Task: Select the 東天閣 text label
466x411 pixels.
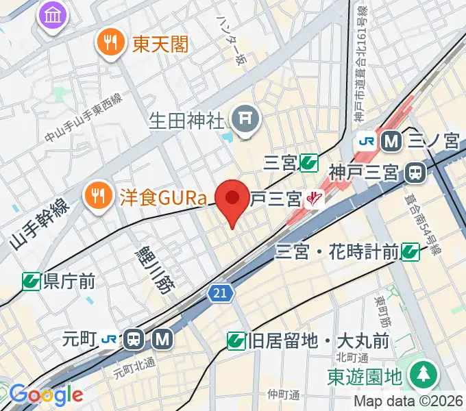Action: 160,45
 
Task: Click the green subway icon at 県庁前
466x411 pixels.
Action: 31,280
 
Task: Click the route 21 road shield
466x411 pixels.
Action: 220,293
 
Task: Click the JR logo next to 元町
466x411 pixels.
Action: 110,338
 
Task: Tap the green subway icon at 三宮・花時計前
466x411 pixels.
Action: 410,252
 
